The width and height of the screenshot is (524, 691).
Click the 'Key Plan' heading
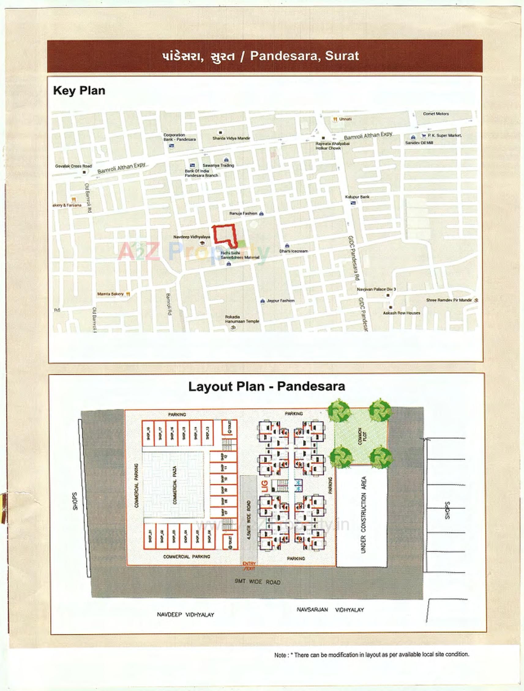pos(79,91)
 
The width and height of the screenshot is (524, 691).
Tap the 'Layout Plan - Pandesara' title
pos(266,386)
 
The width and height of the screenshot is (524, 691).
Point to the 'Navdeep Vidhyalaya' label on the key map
pos(191,237)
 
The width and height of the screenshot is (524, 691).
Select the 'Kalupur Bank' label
pos(357,197)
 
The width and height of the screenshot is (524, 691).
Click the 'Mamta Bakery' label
pos(110,294)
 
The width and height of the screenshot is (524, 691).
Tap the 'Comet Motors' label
pos(436,114)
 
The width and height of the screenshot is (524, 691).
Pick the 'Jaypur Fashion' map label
pos(280,300)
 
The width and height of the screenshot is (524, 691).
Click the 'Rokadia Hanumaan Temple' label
pos(242,319)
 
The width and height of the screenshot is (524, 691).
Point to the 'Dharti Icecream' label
pos(294,251)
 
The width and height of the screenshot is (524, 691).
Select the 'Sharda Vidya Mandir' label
pos(231,138)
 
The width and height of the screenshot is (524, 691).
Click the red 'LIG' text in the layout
pos(265,486)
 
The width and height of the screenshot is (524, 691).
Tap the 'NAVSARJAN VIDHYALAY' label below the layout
pos(330,609)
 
